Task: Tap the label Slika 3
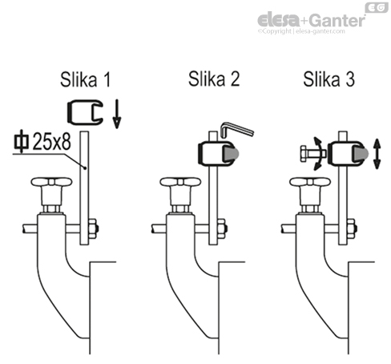click(329, 80)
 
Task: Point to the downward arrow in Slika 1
click(117, 114)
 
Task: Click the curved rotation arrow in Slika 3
click(323, 152)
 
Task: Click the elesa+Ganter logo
click(311, 20)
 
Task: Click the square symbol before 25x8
click(20, 142)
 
